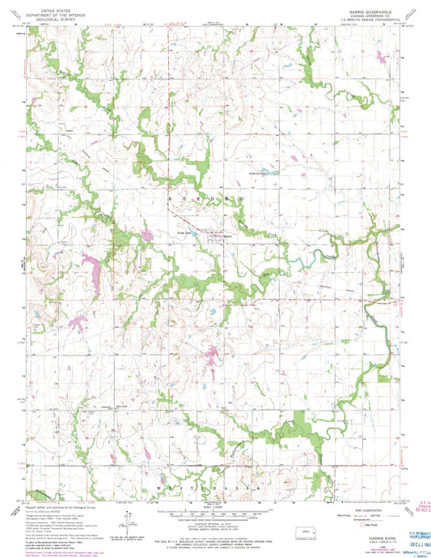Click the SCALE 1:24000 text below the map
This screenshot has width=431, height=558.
coord(213,492)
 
